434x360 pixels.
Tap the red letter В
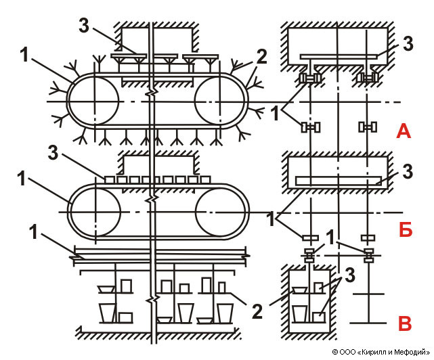point(404,323)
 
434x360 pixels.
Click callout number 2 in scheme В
point(256,312)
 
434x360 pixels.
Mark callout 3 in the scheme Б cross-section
point(406,172)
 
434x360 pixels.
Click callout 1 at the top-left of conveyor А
point(25,55)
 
